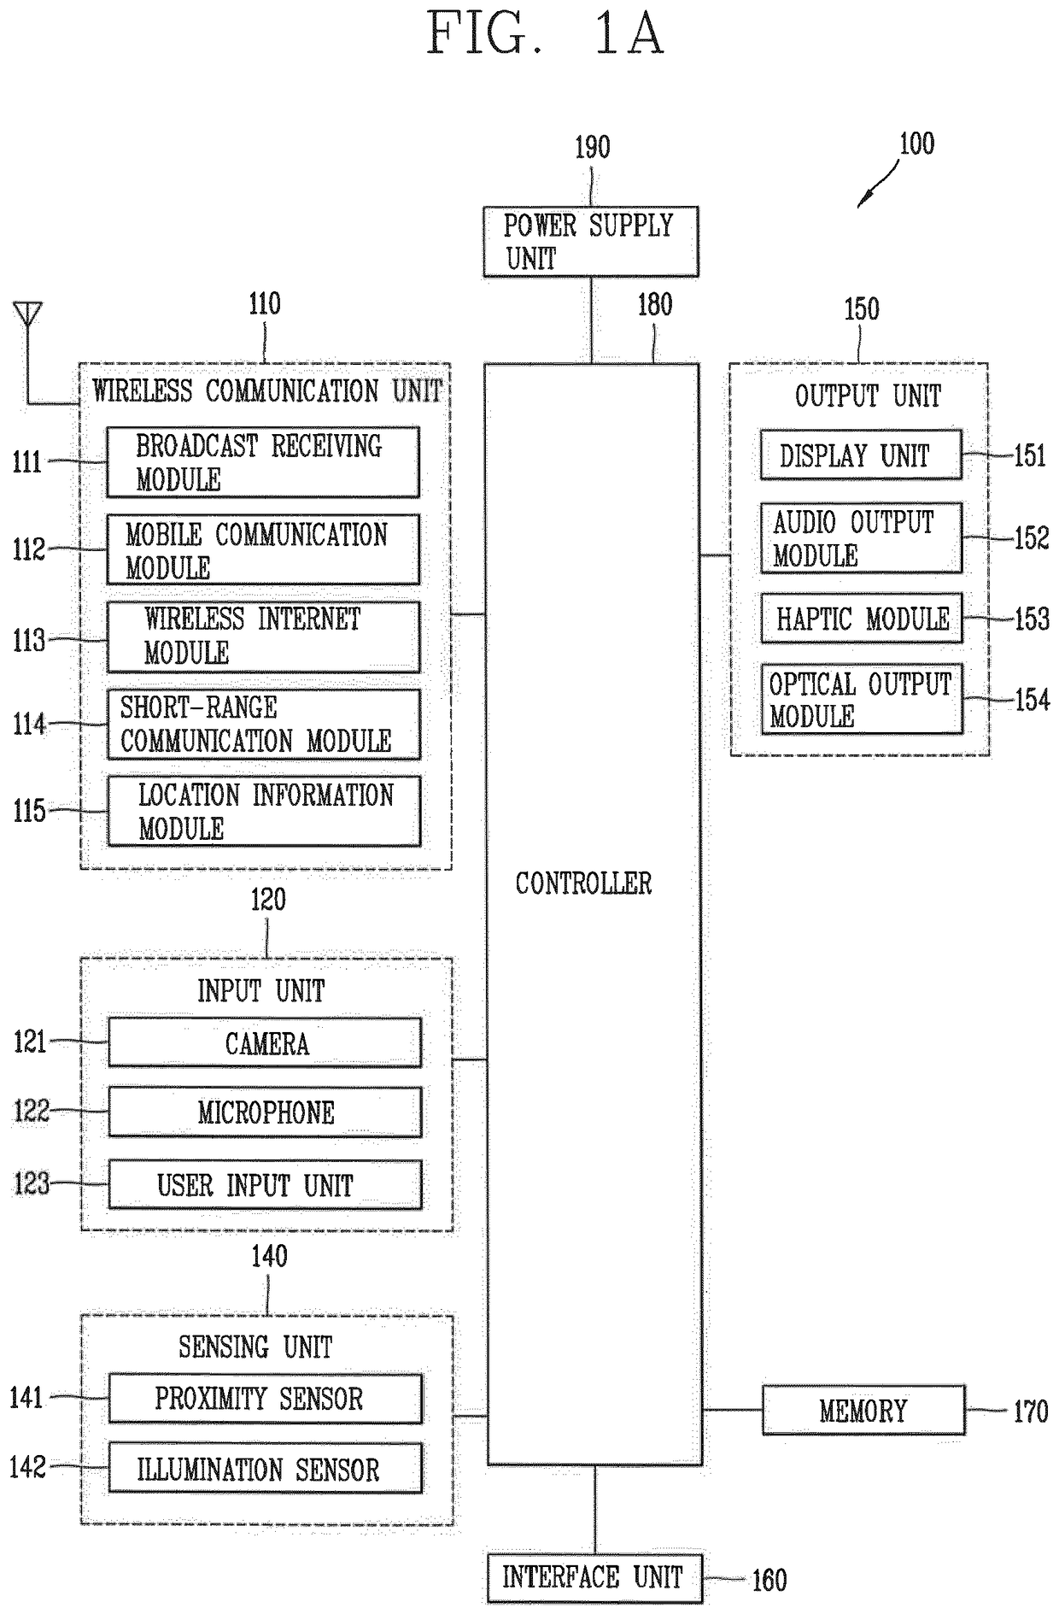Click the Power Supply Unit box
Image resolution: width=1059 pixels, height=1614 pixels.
591,242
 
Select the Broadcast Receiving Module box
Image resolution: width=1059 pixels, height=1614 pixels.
263,462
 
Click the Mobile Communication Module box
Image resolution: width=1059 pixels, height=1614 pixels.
263,549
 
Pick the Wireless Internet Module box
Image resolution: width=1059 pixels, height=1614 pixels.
264,637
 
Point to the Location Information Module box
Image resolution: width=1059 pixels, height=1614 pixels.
264,811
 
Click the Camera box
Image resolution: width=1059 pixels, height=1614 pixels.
265,1042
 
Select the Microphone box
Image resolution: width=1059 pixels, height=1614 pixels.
265,1112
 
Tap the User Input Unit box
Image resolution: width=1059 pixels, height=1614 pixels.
265,1184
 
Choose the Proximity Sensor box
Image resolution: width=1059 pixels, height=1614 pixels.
266,1399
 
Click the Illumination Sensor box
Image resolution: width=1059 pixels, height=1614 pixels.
266,1468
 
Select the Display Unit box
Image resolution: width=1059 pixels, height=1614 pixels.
862,455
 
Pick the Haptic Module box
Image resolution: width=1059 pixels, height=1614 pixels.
862,618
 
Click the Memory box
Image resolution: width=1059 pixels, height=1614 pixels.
863,1410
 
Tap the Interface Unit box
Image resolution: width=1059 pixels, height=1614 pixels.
594,1578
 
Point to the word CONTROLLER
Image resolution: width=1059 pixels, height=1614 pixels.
583,883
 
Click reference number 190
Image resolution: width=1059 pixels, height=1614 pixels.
592,147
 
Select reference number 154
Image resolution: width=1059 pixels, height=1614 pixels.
1032,700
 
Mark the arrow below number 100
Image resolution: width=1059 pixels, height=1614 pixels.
879,183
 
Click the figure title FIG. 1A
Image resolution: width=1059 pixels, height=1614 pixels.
545,33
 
